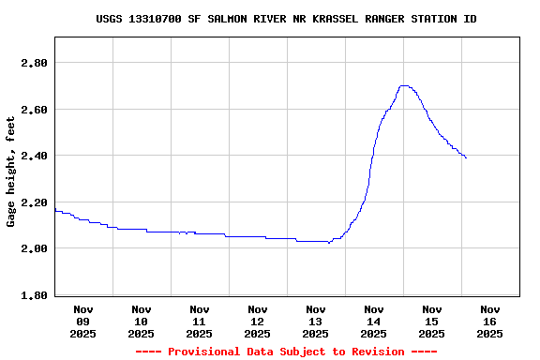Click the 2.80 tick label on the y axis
pyautogui.click(x=34, y=63)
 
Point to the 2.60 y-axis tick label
pyautogui.click(x=34, y=110)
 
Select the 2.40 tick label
pyautogui.click(x=34, y=156)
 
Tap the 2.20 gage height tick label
pyautogui.click(x=34, y=202)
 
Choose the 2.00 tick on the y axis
pyautogui.click(x=34, y=248)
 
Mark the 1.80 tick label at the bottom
pyautogui.click(x=34, y=295)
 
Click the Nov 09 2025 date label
pyautogui.click(x=83, y=321)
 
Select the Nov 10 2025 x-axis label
pyautogui.click(x=142, y=321)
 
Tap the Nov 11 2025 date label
pyautogui.click(x=200, y=321)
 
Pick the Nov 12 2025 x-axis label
pyautogui.click(x=258, y=321)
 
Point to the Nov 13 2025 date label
pyautogui.click(x=316, y=321)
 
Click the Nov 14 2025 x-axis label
pyautogui.click(x=374, y=321)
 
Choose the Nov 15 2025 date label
pyautogui.click(x=432, y=321)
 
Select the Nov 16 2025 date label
pyautogui.click(x=490, y=321)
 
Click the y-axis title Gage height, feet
pyautogui.click(x=11, y=172)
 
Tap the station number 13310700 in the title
pyautogui.click(x=156, y=19)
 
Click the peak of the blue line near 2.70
pyautogui.click(x=404, y=85)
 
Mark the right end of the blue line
pyautogui.click(x=466, y=157)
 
